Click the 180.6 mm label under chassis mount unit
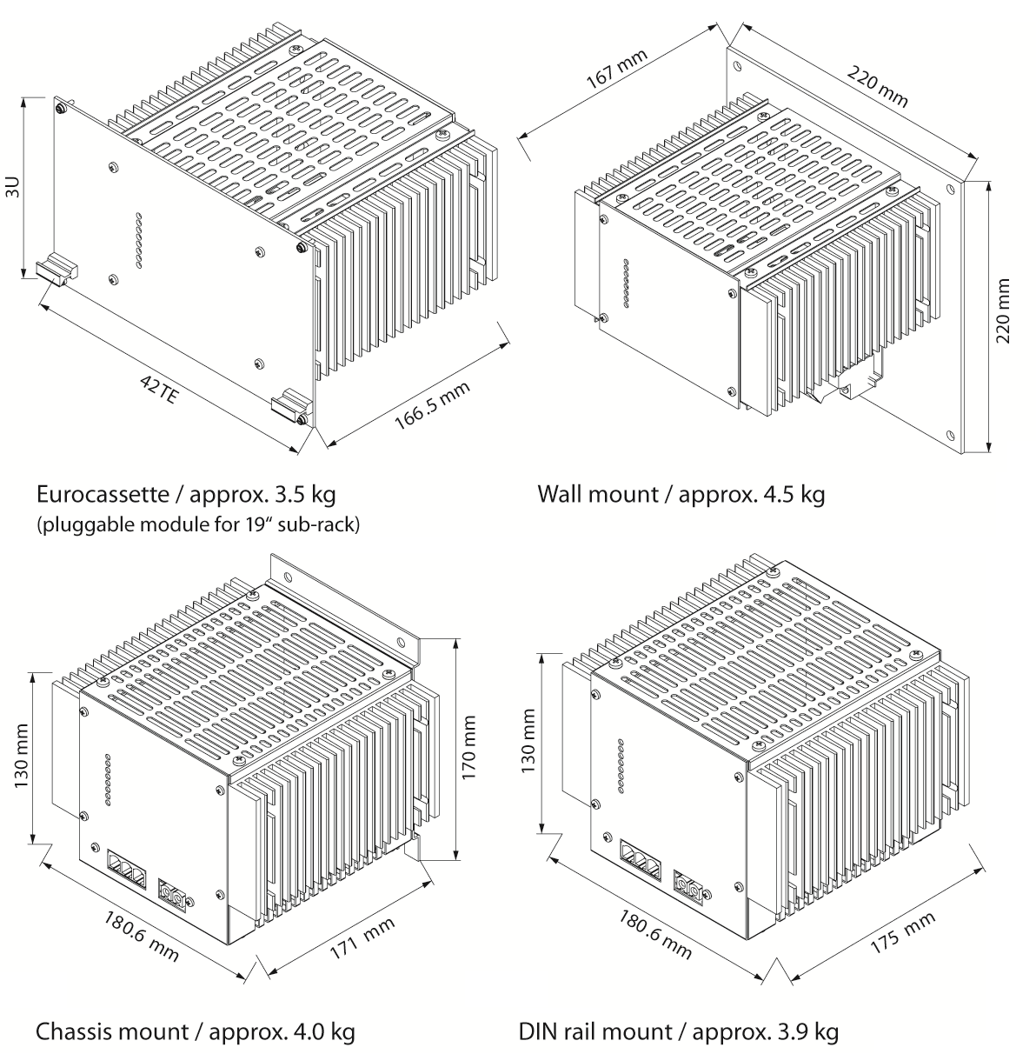[143, 936]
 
